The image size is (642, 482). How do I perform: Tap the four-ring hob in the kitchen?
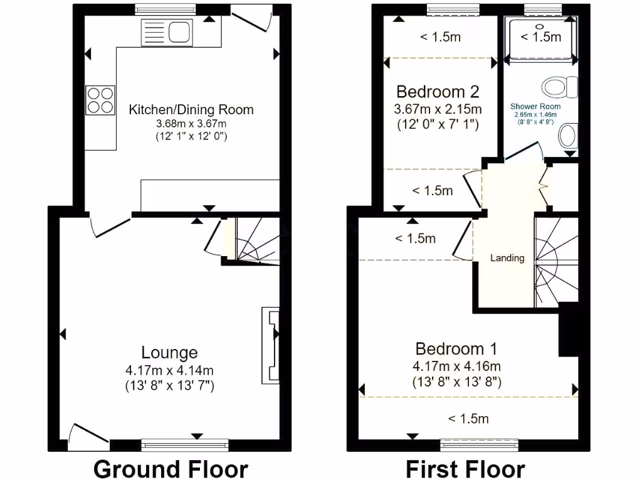100,100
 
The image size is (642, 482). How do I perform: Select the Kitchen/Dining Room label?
191,110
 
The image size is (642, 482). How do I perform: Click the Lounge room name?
169,353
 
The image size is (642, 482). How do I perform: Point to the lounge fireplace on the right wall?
270,345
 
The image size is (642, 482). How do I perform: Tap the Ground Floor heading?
171,469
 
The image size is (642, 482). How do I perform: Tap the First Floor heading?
465,469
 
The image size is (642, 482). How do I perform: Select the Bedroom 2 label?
438,92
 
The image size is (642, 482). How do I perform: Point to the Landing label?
507,258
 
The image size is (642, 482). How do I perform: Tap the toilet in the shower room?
562,87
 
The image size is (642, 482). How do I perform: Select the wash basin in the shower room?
568,136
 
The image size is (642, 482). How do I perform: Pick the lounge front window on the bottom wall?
185,446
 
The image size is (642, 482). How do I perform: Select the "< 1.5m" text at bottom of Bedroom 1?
468,419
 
